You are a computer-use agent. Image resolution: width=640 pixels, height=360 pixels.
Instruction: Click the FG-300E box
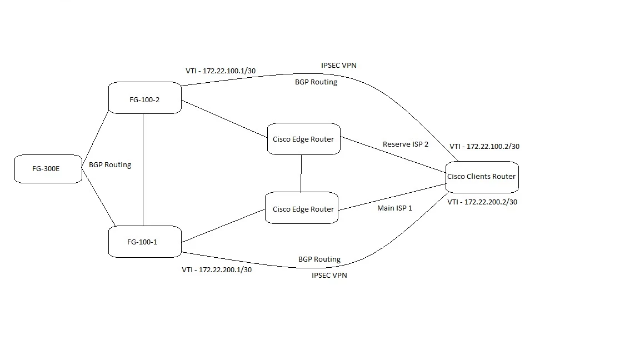pyautogui.click(x=48, y=168)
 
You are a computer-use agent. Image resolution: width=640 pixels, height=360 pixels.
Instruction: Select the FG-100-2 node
pyautogui.click(x=145, y=98)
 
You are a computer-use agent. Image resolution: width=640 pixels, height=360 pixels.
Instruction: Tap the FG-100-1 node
pyautogui.click(x=145, y=242)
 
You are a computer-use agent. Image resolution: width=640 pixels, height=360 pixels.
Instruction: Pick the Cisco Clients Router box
pyautogui.click(x=482, y=177)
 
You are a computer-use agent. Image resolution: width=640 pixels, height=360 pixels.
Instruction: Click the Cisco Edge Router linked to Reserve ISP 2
pyautogui.click(x=304, y=139)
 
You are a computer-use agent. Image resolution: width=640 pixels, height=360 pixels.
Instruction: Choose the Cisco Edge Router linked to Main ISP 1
pyautogui.click(x=302, y=208)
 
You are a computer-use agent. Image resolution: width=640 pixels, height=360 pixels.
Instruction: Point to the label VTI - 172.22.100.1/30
pyautogui.click(x=221, y=71)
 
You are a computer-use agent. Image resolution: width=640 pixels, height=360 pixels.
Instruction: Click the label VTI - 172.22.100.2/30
pyautogui.click(x=484, y=146)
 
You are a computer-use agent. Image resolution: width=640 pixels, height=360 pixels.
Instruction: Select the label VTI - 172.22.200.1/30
pyautogui.click(x=217, y=270)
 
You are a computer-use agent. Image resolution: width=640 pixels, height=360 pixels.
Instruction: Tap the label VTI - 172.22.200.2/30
pyautogui.click(x=482, y=202)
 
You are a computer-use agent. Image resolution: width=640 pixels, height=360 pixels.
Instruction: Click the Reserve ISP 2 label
pyautogui.click(x=406, y=144)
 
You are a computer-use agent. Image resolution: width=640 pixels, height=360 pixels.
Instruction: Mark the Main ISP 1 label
pyautogui.click(x=394, y=208)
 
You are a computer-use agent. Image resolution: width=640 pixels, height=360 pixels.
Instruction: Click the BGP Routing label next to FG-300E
pyautogui.click(x=110, y=165)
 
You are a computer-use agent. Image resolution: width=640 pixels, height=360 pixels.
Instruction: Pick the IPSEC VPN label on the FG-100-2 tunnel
pyautogui.click(x=339, y=66)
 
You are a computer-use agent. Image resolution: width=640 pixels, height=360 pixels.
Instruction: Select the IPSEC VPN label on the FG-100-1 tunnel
pyautogui.click(x=329, y=276)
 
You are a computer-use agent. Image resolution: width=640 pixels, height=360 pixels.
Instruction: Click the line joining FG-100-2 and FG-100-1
pyautogui.click(x=143, y=170)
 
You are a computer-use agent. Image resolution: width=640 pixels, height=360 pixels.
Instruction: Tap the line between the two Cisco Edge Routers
pyautogui.click(x=301, y=173)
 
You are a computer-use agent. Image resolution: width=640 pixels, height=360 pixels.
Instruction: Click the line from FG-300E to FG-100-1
pyautogui.click(x=99, y=197)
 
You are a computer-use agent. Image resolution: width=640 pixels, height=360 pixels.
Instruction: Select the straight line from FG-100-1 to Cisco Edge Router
pyautogui.click(x=223, y=226)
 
